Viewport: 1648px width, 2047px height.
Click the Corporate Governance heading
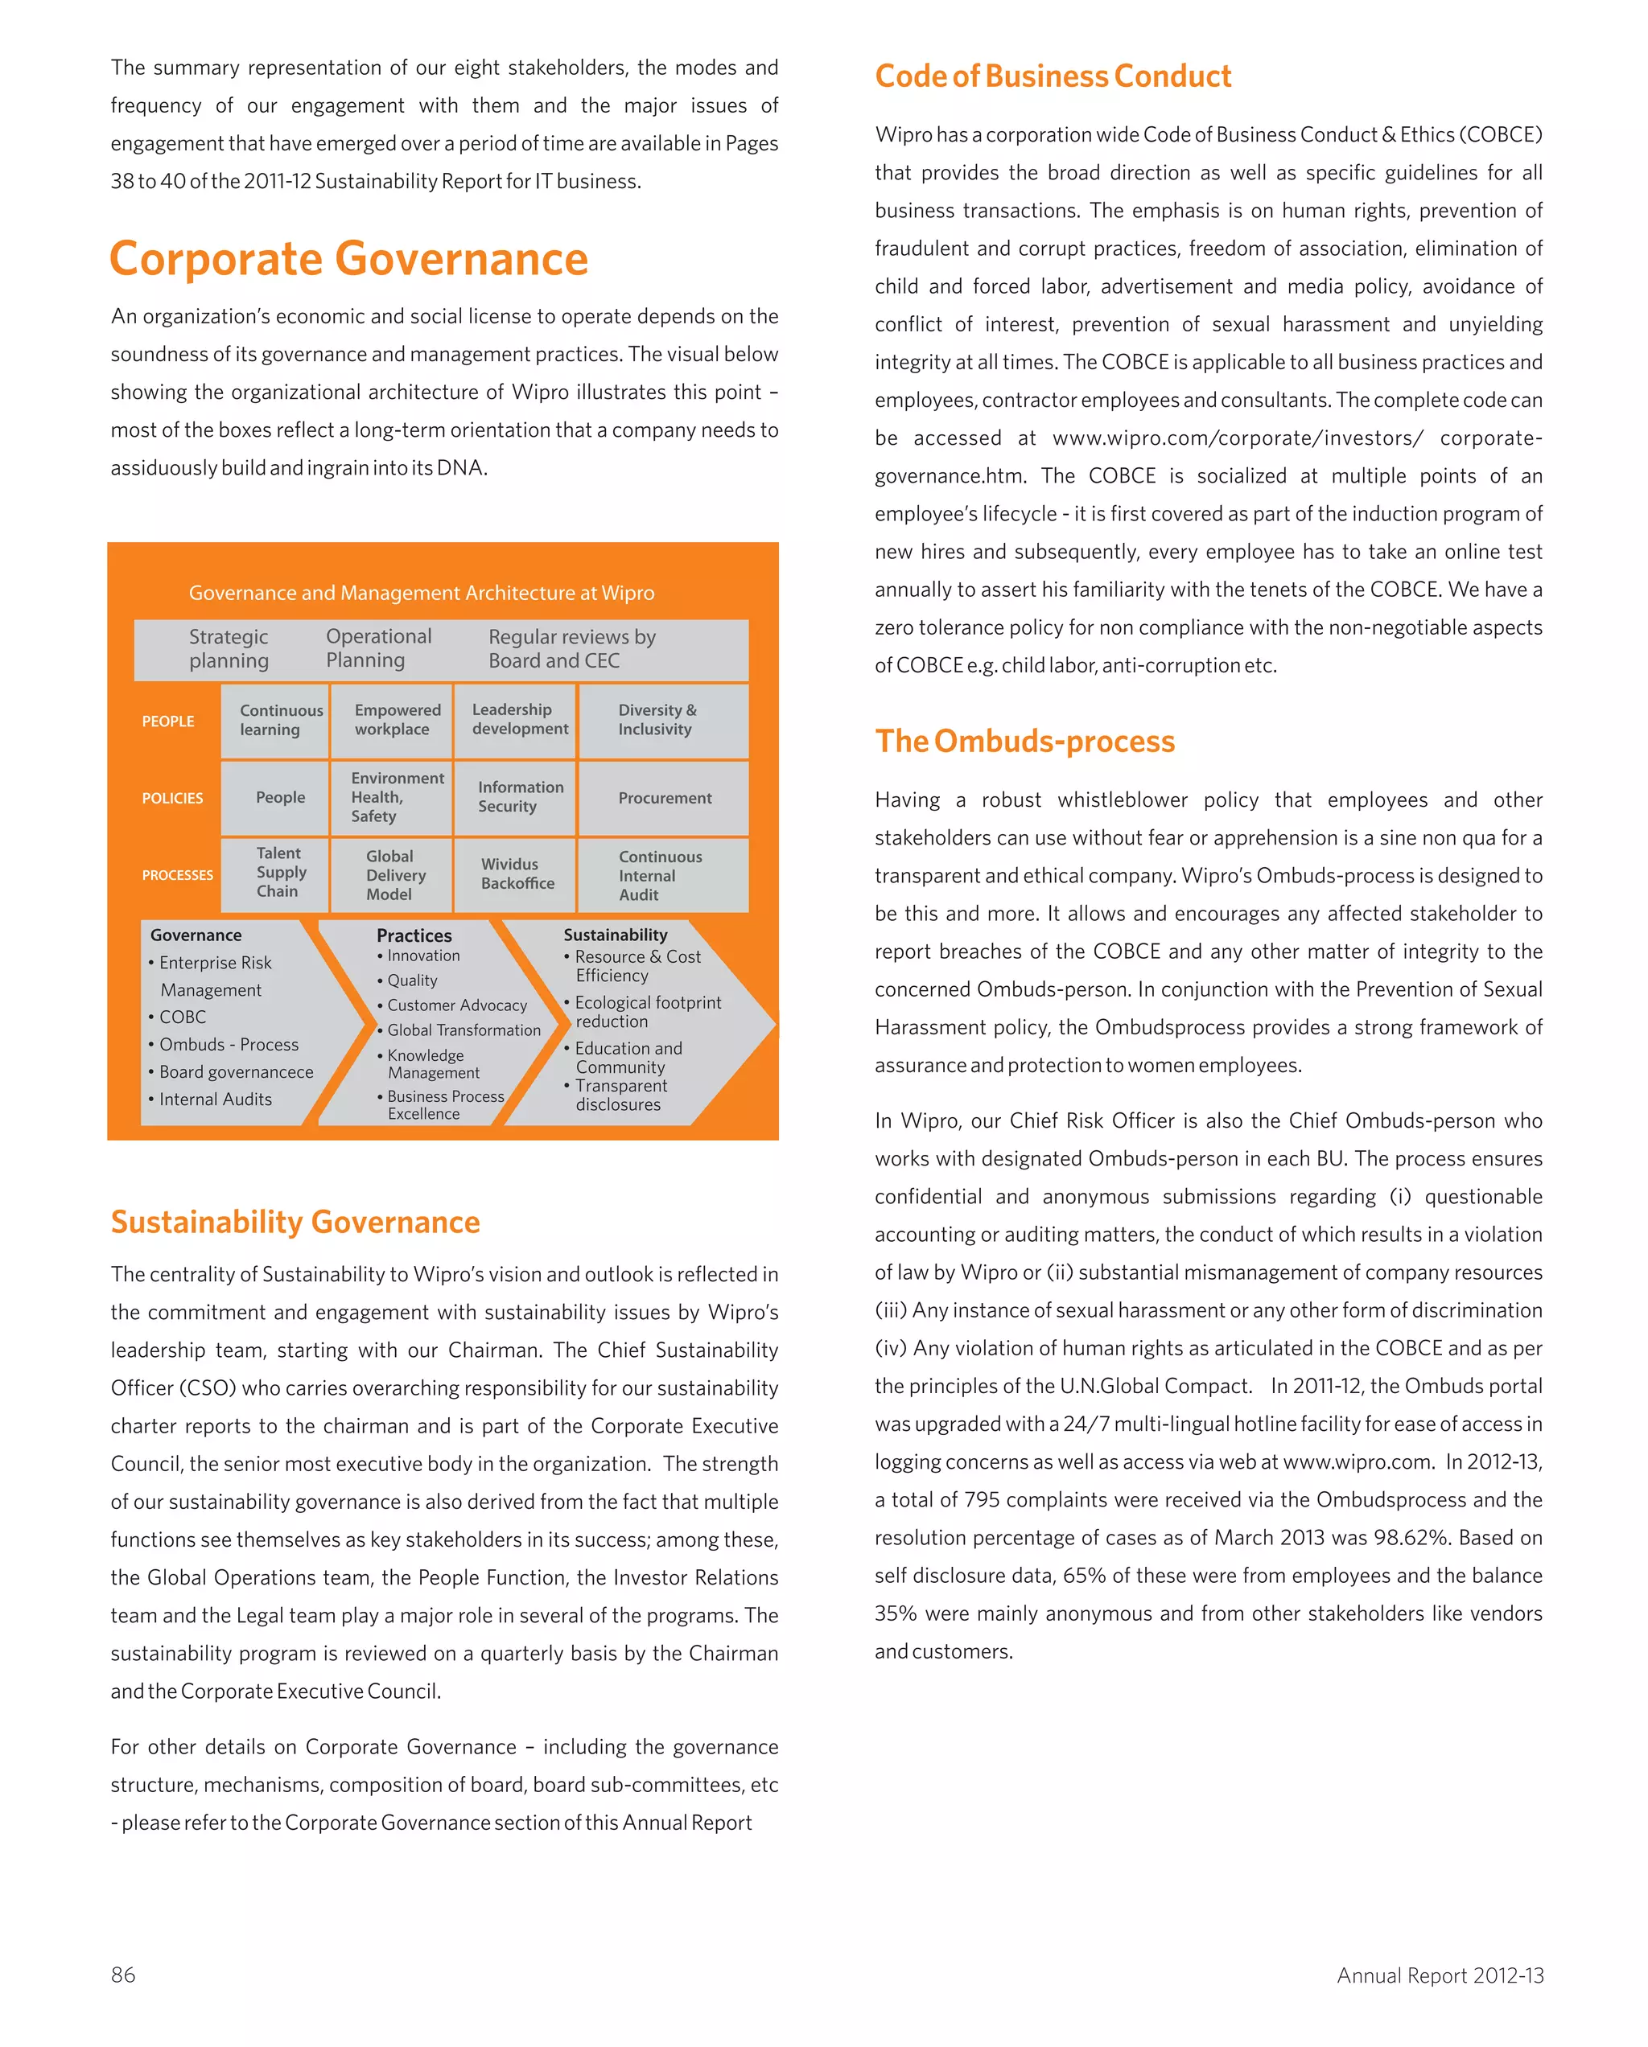[x=348, y=259]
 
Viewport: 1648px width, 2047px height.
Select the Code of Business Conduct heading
[x=1053, y=76]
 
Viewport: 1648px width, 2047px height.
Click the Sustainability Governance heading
[x=295, y=1222]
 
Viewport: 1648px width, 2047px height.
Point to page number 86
[x=123, y=1975]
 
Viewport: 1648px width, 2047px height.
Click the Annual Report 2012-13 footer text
[x=1439, y=1975]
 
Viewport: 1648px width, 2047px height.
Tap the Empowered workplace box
[x=396, y=720]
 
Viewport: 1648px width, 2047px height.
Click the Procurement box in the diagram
[x=664, y=799]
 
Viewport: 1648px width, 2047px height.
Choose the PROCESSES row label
[x=178, y=875]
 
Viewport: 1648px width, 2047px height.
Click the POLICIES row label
[x=172, y=799]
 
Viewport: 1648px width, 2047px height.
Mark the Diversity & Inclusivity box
[x=657, y=720]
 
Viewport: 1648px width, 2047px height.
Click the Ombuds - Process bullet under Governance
[x=228, y=1044]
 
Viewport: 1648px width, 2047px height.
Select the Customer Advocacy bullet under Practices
[x=456, y=1005]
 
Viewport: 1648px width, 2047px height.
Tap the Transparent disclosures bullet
[x=620, y=1095]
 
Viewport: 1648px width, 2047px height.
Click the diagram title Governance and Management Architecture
[x=422, y=594]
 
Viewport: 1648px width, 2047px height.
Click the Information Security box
[x=519, y=796]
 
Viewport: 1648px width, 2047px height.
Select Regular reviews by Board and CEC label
[x=572, y=648]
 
